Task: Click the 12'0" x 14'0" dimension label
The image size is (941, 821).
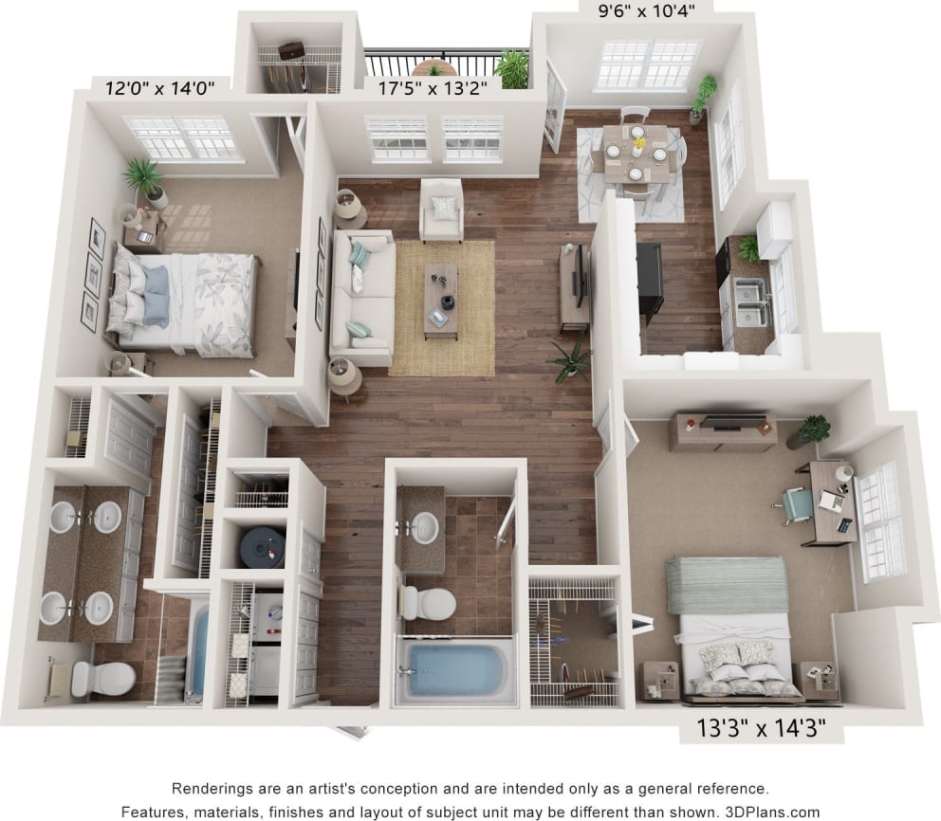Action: pyautogui.click(x=160, y=88)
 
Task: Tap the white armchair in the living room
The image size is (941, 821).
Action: pyautogui.click(x=442, y=210)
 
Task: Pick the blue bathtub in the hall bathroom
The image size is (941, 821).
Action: pyautogui.click(x=452, y=669)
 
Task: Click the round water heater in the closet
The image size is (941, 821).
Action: pyautogui.click(x=261, y=546)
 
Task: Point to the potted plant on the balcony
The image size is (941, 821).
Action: pyautogui.click(x=513, y=68)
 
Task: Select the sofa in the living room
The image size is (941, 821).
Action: pyautogui.click(x=361, y=296)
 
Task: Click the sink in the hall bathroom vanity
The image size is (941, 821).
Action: pyautogui.click(x=424, y=527)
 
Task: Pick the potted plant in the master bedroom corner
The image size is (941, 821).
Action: pyautogui.click(x=145, y=180)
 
